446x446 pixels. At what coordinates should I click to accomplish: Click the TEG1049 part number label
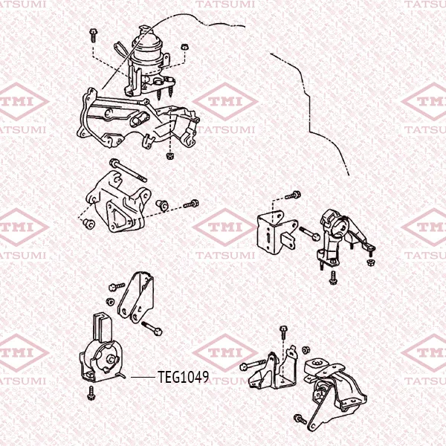click(x=183, y=377)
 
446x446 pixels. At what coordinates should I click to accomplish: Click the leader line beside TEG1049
click(x=143, y=378)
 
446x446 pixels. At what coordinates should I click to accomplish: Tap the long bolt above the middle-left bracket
click(x=128, y=170)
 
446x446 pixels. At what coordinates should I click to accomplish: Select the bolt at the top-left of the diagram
click(x=93, y=35)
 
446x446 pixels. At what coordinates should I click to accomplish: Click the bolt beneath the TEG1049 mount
click(x=91, y=393)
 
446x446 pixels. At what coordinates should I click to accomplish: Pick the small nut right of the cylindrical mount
click(x=185, y=47)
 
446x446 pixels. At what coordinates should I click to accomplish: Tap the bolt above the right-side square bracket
click(x=293, y=195)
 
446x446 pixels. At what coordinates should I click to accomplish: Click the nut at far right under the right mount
click(x=371, y=262)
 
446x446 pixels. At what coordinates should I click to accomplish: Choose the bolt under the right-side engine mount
click(x=333, y=277)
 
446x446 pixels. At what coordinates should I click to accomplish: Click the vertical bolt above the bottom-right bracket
click(x=283, y=333)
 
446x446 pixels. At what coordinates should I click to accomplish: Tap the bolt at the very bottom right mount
click(x=300, y=418)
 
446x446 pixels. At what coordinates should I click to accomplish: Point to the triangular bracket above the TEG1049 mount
click(x=136, y=297)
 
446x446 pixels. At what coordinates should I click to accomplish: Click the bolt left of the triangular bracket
click(x=117, y=287)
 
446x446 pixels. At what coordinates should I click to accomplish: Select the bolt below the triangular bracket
click(x=152, y=329)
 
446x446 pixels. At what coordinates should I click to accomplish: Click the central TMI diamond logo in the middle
click(x=225, y=227)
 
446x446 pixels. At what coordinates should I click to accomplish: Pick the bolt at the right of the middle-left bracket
click(x=191, y=204)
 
